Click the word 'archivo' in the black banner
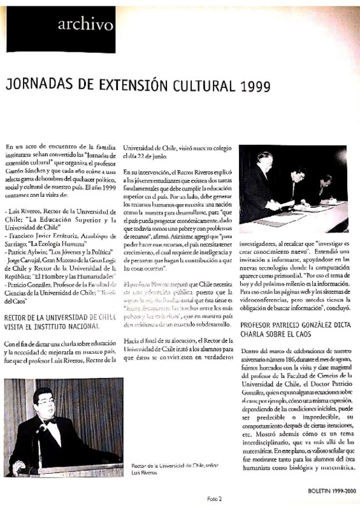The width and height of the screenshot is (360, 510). (x=85, y=24)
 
